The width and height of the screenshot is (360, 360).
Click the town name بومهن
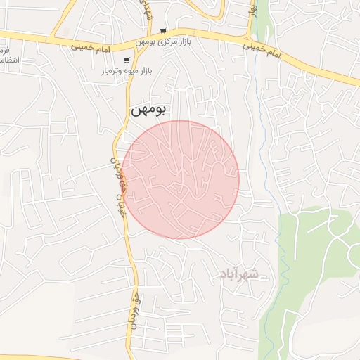pos(148,110)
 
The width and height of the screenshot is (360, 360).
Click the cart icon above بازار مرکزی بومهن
pos(163,31)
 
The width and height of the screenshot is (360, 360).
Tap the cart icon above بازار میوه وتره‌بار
pos(127,60)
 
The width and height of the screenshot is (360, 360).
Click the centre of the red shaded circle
pos(180,179)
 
